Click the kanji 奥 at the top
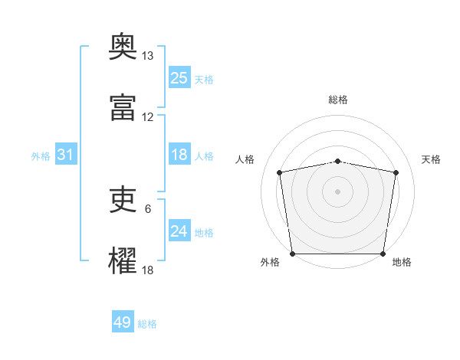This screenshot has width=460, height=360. (123, 47)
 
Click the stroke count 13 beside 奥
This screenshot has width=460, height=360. (147, 56)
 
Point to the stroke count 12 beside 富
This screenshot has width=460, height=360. (147, 117)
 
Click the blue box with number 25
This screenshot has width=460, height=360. (179, 77)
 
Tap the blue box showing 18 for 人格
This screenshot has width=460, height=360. (179, 155)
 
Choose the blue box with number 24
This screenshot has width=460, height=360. (179, 231)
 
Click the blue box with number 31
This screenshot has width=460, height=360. (66, 155)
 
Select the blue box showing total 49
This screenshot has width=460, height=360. (123, 322)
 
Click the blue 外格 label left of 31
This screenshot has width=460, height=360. (41, 156)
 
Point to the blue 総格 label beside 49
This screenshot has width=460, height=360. (147, 324)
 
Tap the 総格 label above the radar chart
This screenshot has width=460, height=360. (338, 100)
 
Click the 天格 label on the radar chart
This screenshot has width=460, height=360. (431, 159)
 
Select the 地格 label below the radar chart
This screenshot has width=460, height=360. (402, 262)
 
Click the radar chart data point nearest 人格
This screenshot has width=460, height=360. (280, 172)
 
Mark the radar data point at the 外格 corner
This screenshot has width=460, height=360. (292, 254)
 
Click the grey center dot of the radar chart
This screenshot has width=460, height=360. (338, 191)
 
